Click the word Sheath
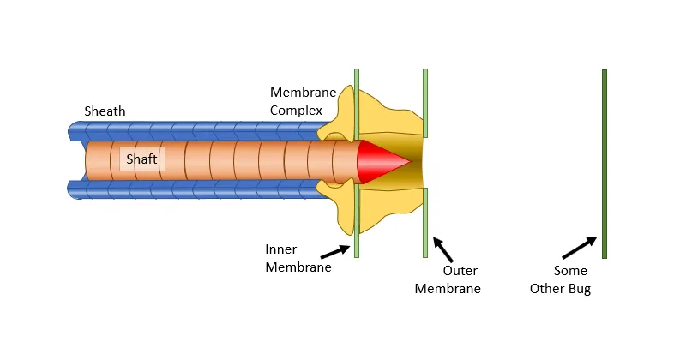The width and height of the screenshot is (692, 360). (x=105, y=111)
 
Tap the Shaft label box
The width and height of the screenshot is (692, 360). (x=142, y=159)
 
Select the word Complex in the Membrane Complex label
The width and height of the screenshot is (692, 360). (x=296, y=111)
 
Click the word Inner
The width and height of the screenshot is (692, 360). (x=280, y=249)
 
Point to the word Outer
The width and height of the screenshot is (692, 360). (x=460, y=271)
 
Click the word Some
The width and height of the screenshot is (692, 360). (x=570, y=271)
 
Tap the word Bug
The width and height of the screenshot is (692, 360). (x=580, y=289)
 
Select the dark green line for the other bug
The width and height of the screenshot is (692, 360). (x=605, y=164)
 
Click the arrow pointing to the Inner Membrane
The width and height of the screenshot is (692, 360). (x=335, y=252)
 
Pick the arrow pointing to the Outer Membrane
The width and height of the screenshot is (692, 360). (x=442, y=249)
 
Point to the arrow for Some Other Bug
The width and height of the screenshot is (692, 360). (x=580, y=248)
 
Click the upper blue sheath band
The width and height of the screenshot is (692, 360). (x=199, y=131)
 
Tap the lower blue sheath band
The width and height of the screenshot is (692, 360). (x=199, y=189)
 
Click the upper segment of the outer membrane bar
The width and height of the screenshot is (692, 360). (x=425, y=103)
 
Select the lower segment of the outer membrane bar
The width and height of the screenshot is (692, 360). (x=425, y=223)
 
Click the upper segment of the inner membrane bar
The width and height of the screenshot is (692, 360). (x=357, y=104)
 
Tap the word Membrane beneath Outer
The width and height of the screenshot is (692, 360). (x=448, y=289)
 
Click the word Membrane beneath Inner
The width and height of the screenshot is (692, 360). (x=298, y=267)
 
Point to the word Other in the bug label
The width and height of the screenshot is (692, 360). (x=547, y=289)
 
